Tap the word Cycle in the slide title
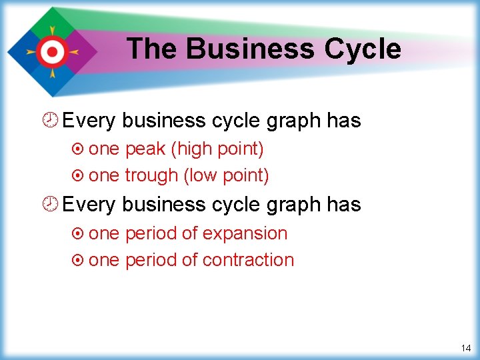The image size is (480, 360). click(363, 49)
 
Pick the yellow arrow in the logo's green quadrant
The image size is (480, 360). click(50, 31)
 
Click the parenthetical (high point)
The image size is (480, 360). click(217, 149)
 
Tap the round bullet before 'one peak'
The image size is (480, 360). click(79, 149)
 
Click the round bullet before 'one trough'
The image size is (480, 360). click(79, 176)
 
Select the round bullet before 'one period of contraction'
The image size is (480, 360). click(79, 260)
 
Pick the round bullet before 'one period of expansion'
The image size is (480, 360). click(79, 234)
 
